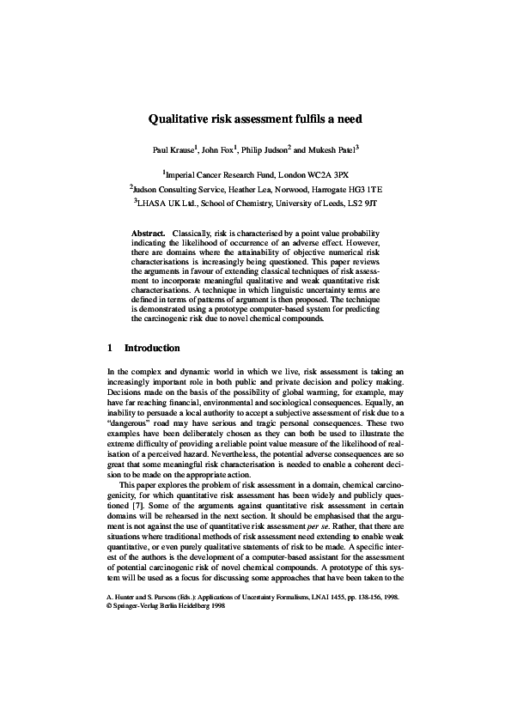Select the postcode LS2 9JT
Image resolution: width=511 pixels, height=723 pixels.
[362, 204]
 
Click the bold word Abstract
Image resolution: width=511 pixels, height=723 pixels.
[148, 234]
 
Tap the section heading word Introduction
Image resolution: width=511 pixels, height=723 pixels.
[152, 349]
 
